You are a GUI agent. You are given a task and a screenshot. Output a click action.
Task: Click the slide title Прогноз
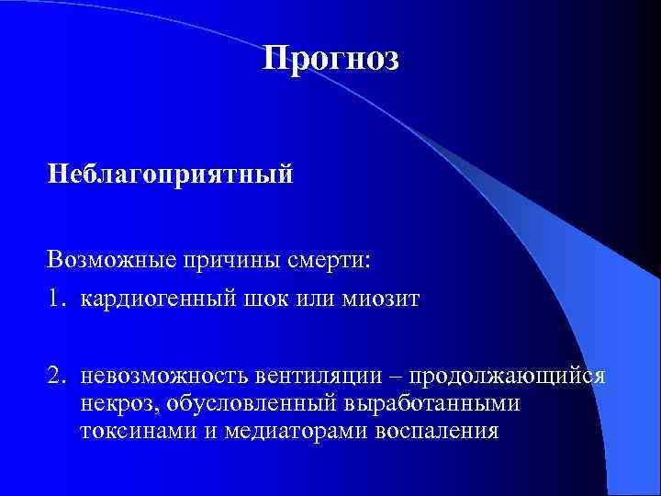[330, 59]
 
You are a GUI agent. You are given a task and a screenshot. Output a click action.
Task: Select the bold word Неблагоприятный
[172, 173]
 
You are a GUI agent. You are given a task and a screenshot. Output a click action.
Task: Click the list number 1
[57, 299]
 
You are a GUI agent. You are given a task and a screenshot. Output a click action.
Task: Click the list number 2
[57, 377]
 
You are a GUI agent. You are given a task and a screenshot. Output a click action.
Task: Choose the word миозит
[379, 299]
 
